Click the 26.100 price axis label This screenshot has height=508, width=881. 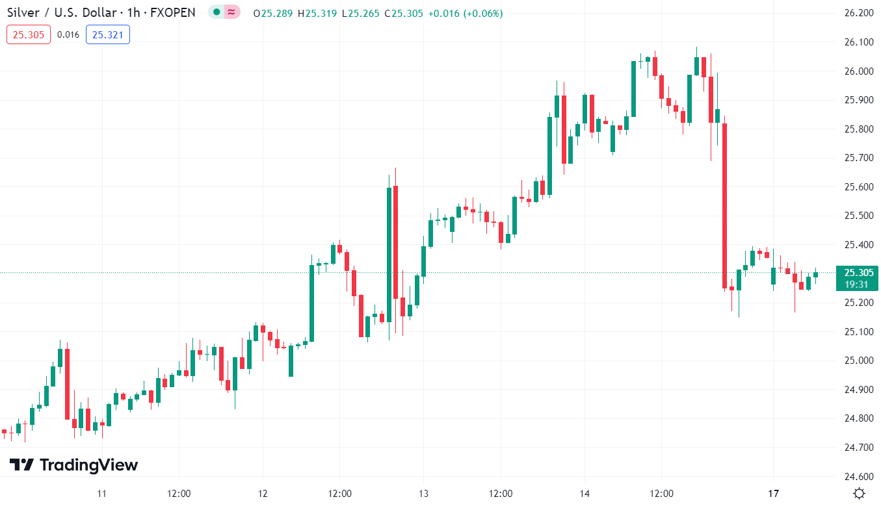pos(858,42)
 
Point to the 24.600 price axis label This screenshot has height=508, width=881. pos(858,476)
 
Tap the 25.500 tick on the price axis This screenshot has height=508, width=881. pos(858,216)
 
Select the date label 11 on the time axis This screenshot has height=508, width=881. pos(101,494)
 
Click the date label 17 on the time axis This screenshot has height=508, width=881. pos(773,494)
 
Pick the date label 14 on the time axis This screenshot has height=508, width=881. pos(584,494)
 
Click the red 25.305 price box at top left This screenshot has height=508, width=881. pos(29,35)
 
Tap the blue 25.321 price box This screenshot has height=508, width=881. pos(108,35)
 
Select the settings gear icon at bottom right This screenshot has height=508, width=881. pos(859,493)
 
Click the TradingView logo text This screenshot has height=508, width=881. pos(73,465)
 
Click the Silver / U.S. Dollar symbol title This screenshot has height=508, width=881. pos(62,13)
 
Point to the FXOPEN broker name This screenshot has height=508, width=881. pos(172,13)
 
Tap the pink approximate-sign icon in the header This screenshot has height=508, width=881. pos(231,12)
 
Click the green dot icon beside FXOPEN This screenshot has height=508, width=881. pos(217,12)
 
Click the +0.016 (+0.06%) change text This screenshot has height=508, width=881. pos(465,14)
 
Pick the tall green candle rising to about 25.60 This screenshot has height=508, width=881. pos(389,253)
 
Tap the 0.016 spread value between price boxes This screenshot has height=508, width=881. pos(68,35)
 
